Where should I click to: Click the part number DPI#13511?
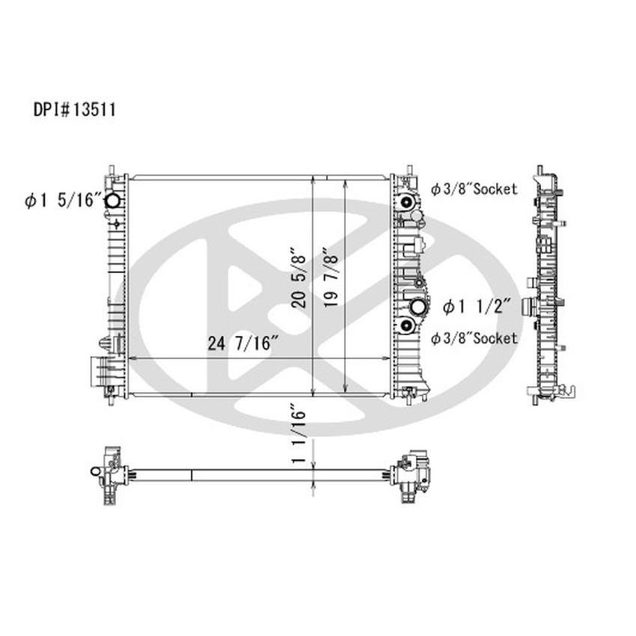(x=73, y=109)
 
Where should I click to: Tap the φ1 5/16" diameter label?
(x=61, y=200)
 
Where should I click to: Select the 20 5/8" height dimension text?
(x=298, y=277)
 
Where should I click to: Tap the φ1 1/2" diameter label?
(x=476, y=305)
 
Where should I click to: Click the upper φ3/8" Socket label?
(x=474, y=189)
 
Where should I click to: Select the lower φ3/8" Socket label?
(x=474, y=338)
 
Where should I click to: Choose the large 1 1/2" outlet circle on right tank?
(x=419, y=306)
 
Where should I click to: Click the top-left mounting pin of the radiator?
(x=110, y=170)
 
